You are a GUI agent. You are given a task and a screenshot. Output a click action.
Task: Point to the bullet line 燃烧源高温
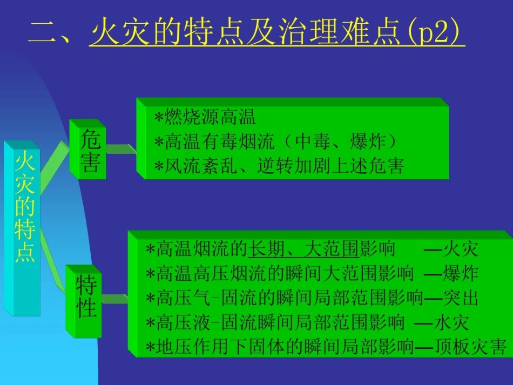coord(205,118)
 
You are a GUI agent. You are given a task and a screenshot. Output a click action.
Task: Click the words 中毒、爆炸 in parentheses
coord(340,142)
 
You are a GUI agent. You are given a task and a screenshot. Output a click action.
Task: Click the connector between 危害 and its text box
coord(122,149)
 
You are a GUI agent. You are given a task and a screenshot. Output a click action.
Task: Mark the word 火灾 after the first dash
coord(460,249)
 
